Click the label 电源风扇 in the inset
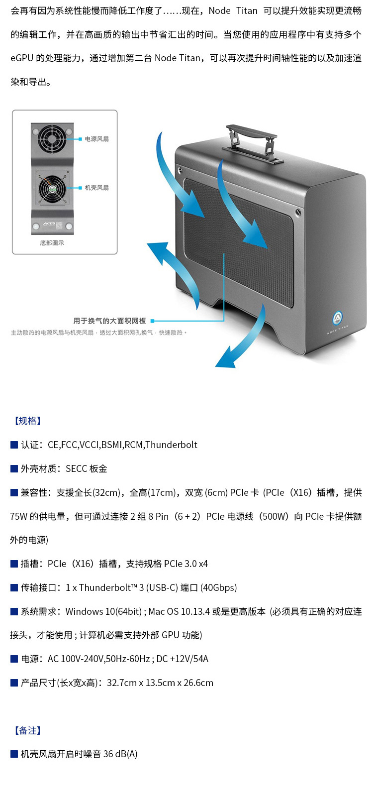[96, 139]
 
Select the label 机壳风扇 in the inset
[96, 188]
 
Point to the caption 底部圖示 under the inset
[52, 243]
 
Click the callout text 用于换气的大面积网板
[109, 321]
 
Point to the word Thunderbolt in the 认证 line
[171, 445]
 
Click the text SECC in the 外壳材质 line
[76, 469]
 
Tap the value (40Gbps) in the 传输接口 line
[218, 588]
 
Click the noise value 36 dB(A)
[120, 754]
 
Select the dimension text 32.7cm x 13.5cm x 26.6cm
[160, 683]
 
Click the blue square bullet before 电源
[14, 659]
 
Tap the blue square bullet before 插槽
[14, 564]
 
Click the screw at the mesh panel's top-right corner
[297, 213]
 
